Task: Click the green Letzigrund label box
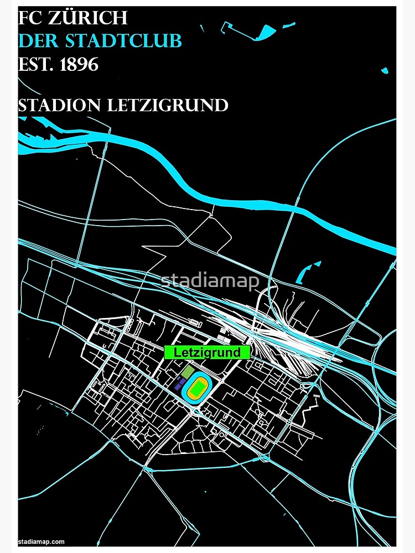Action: (207, 352)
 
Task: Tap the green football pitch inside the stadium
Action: (198, 387)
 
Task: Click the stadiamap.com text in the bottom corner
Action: (41, 541)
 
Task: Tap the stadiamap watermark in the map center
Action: (210, 281)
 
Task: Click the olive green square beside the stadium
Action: (188, 371)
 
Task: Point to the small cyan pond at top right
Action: (384, 70)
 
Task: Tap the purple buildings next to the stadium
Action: (179, 385)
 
